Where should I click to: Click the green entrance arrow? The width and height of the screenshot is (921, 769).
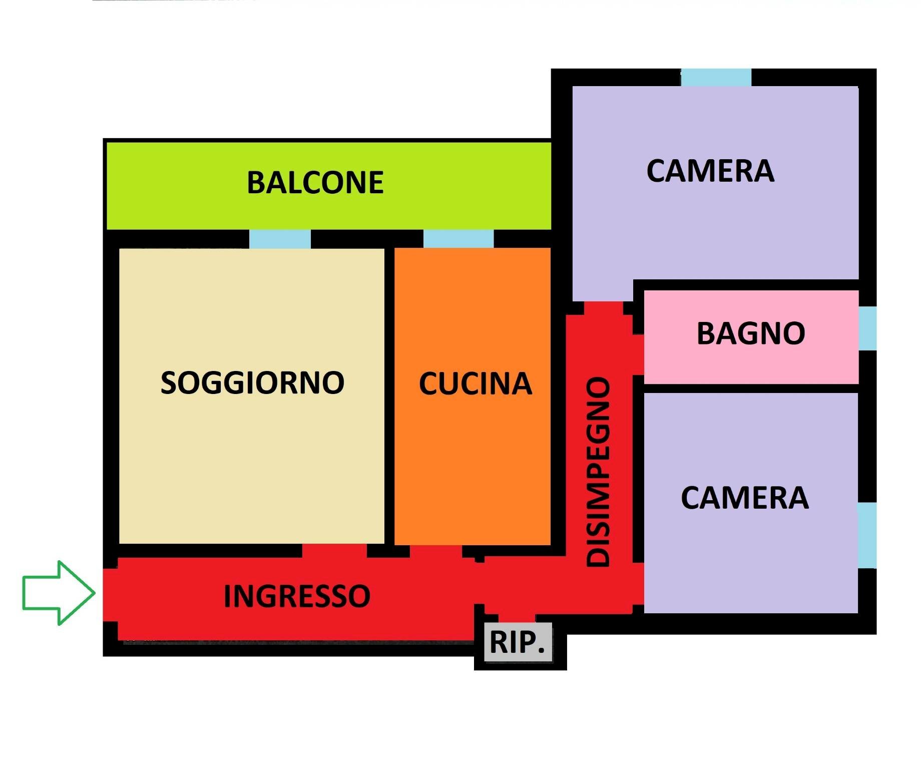[58, 593]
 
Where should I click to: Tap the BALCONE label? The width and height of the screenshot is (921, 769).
[315, 183]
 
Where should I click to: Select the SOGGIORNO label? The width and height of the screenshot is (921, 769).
[252, 383]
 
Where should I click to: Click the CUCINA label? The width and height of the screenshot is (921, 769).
[475, 384]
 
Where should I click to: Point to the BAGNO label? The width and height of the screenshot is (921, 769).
[751, 333]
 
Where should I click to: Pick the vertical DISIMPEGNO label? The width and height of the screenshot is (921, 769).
[599, 472]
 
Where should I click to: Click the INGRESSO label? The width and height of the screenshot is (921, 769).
[297, 596]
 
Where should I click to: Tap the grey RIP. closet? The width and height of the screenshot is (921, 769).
[518, 642]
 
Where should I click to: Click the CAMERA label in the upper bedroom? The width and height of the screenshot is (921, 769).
[710, 171]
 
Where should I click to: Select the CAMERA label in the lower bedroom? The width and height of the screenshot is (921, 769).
[745, 498]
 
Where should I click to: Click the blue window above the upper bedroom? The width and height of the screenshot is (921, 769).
[716, 78]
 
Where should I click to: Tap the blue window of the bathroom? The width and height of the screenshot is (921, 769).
[868, 328]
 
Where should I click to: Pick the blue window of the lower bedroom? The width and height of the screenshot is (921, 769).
[868, 535]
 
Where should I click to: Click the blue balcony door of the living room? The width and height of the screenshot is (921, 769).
[280, 239]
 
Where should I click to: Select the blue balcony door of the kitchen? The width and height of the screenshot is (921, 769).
[458, 239]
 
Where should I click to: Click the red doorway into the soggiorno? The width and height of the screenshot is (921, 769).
[334, 551]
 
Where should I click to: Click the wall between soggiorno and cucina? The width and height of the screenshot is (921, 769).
[389, 396]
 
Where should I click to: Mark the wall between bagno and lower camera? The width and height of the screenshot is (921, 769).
[751, 388]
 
